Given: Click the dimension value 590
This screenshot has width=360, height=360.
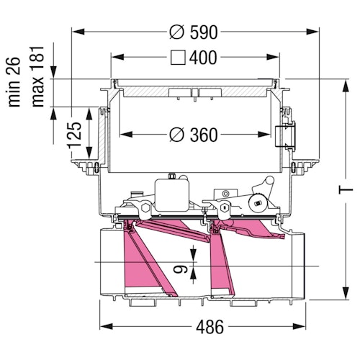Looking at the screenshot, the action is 204,32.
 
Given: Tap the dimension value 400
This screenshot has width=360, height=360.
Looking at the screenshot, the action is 203,58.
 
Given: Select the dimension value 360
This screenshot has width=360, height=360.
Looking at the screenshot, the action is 204,135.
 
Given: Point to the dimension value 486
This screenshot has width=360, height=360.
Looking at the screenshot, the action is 210,327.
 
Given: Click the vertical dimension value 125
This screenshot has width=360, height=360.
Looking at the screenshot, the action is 74,135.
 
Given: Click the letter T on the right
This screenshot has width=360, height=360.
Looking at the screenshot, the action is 346,189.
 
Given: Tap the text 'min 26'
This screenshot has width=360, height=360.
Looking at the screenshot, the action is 14,82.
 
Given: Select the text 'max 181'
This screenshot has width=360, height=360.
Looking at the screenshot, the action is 37,76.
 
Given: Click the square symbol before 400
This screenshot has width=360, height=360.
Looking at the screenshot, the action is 178,58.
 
